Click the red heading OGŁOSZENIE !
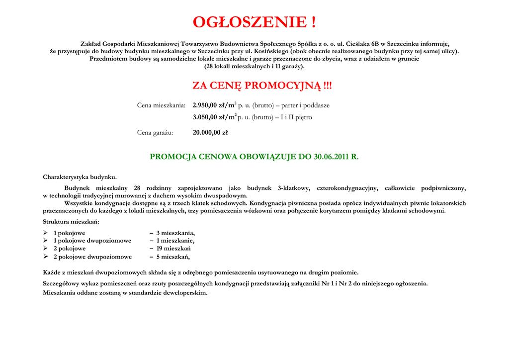(x=254, y=22)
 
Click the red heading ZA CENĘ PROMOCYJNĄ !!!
(x=262, y=86)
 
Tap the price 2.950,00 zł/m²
(x=214, y=105)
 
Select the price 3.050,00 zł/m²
(x=214, y=117)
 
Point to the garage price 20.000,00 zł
(x=210, y=132)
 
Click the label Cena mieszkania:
(x=161, y=105)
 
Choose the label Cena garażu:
(x=155, y=132)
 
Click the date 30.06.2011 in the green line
(x=332, y=157)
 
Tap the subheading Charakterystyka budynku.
(x=80, y=177)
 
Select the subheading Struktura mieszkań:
(x=71, y=222)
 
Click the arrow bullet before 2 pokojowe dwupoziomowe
(x=46, y=257)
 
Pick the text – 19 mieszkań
(x=170, y=249)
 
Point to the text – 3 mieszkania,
(x=172, y=233)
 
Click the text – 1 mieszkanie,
(x=172, y=241)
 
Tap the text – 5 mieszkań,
(x=170, y=257)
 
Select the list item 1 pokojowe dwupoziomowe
(x=92, y=241)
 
